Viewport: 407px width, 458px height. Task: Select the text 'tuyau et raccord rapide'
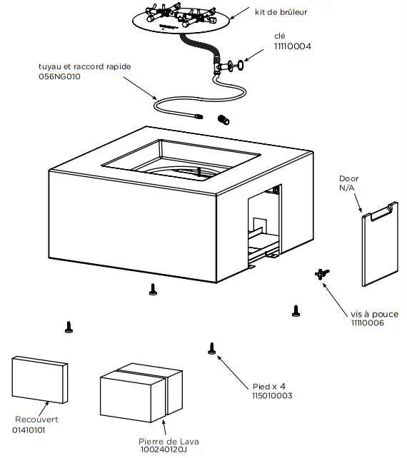[85, 66]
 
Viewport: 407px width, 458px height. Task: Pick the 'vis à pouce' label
[374, 314]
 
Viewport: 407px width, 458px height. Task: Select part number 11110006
[368, 323]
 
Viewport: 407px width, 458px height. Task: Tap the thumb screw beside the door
[321, 273]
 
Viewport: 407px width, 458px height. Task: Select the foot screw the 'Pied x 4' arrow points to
[211, 348]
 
